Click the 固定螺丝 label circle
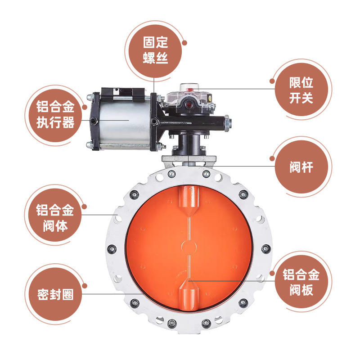click(155, 51)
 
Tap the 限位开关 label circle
click(301, 90)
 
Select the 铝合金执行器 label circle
click(55, 116)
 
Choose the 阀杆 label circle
click(301, 167)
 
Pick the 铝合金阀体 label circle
click(55, 215)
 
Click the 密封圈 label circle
click(55, 294)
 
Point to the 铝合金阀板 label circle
click(301, 282)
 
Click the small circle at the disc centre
click(189, 247)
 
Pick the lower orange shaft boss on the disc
click(189, 295)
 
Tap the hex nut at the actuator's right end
click(227, 123)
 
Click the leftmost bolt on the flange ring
click(112, 249)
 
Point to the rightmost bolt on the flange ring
click(266, 249)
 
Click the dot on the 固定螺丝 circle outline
click(184, 43)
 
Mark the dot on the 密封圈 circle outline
click(85, 286)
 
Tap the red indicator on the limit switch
click(189, 105)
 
